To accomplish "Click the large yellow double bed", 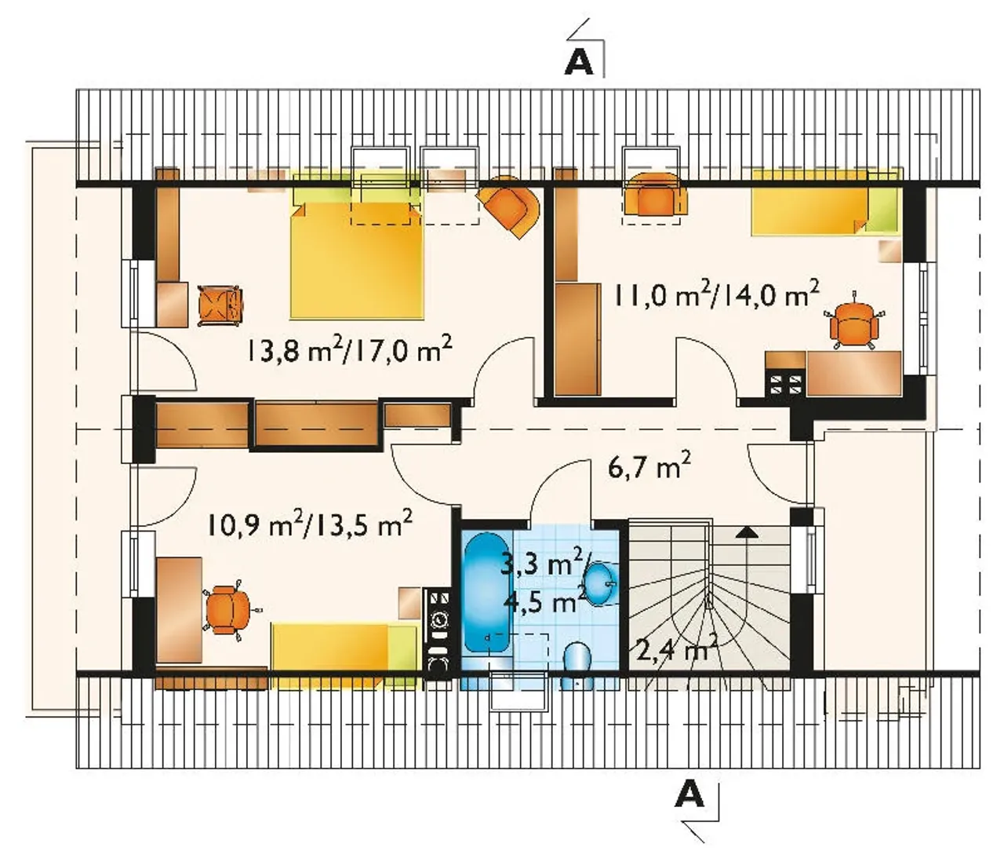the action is point(358,261).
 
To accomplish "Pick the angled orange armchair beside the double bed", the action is point(510,206).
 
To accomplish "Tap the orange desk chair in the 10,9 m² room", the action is point(227,610).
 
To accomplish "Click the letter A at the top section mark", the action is point(579,64).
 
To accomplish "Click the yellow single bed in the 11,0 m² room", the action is point(826,203).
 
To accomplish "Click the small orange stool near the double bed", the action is point(220,305).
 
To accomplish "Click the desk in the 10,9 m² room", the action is point(179,610).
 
